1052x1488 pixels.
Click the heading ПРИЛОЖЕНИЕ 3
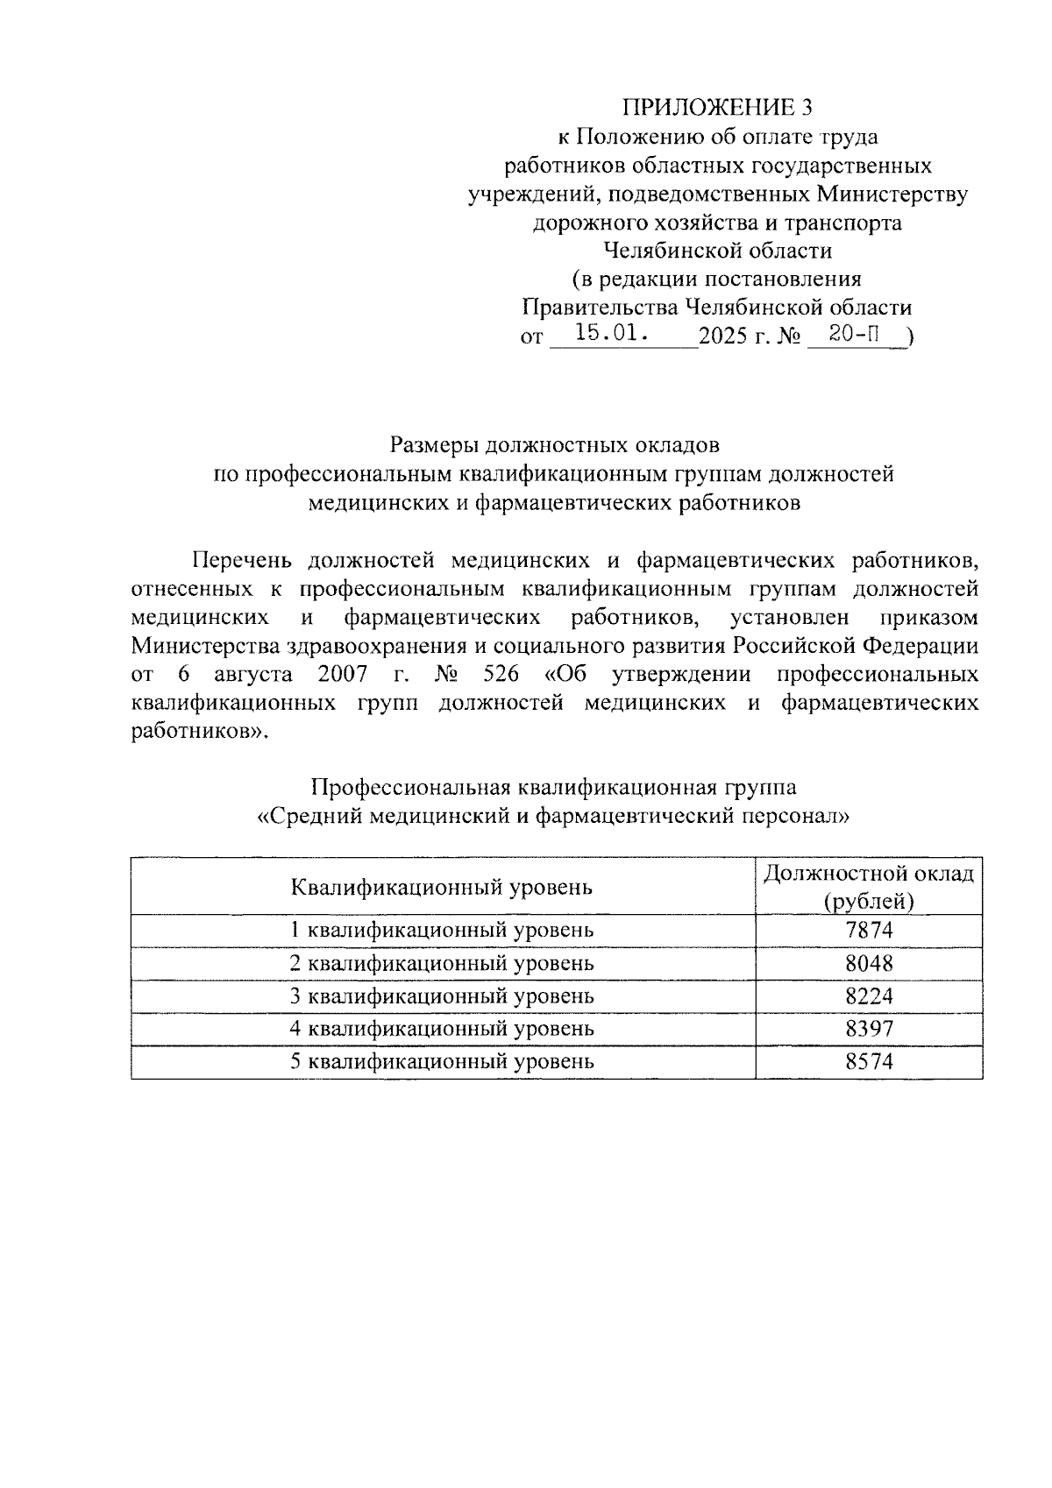pyautogui.click(x=717, y=107)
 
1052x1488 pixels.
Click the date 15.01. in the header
pyautogui.click(x=612, y=334)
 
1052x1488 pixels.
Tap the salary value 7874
pyautogui.click(x=868, y=930)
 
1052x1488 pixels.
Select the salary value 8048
pyautogui.click(x=868, y=963)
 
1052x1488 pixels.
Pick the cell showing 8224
pyautogui.click(x=868, y=996)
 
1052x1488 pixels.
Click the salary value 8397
pyautogui.click(x=868, y=1028)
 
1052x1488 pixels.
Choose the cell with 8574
pyautogui.click(x=868, y=1061)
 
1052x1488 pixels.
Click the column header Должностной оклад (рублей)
pyautogui.click(x=868, y=887)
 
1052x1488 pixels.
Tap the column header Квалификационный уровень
pyautogui.click(x=442, y=887)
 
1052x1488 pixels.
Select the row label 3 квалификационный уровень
pyautogui.click(x=442, y=996)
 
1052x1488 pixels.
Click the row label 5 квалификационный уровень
pyautogui.click(x=442, y=1061)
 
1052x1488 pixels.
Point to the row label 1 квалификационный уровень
pyautogui.click(x=442, y=930)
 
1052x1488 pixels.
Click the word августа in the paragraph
pyautogui.click(x=253, y=675)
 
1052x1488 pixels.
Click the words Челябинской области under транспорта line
pyautogui.click(x=717, y=251)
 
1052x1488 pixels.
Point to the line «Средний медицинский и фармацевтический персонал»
pyautogui.click(x=554, y=816)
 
